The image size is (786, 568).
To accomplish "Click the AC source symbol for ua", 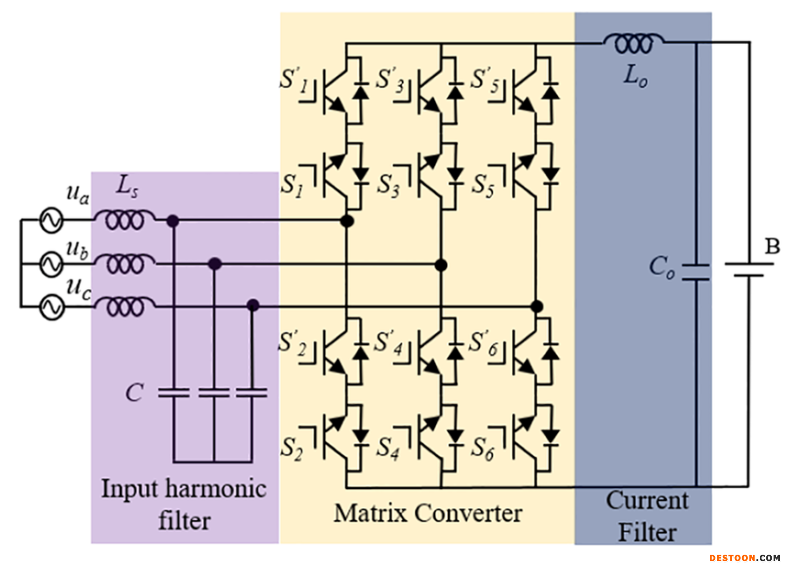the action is point(52,220).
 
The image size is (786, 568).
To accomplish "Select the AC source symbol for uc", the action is point(52,307).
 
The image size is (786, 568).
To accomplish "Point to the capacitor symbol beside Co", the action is point(696,272).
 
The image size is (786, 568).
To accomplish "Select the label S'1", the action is point(295,80).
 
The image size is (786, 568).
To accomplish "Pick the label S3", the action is point(389,185).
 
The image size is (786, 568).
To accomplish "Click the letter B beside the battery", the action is point(772,246).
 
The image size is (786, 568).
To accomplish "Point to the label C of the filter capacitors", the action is point(134,393).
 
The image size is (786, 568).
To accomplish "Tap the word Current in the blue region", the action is point(647,500).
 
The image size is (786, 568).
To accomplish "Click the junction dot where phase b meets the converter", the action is point(441,265).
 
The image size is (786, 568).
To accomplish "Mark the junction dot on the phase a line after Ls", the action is point(173,220).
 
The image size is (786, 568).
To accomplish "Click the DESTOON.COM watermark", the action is point(745,558).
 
